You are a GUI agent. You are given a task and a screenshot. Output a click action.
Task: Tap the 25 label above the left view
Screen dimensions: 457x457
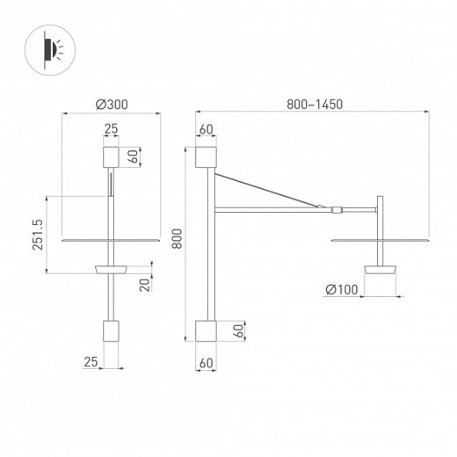point(111,130)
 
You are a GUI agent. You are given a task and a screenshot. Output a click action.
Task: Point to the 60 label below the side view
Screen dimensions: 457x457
point(207,360)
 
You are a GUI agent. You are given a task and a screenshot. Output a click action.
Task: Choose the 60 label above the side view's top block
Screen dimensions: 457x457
point(207,130)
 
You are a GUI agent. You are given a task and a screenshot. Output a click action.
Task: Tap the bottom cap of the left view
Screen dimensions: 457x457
point(111,331)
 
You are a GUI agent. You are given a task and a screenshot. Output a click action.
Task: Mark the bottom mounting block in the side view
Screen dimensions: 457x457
point(207,331)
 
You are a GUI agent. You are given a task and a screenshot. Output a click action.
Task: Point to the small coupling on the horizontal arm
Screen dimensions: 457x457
point(337,210)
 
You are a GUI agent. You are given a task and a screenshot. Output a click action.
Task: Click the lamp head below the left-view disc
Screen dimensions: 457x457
point(111,267)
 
